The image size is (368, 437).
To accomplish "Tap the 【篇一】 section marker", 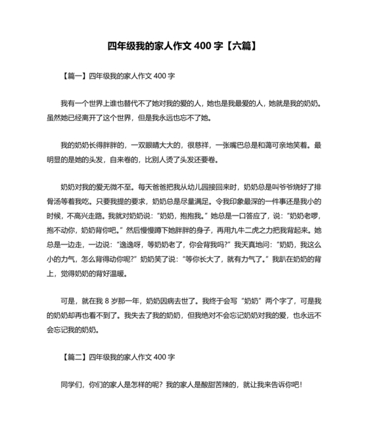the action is (73, 76).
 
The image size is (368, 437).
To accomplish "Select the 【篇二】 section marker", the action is (73, 357).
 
